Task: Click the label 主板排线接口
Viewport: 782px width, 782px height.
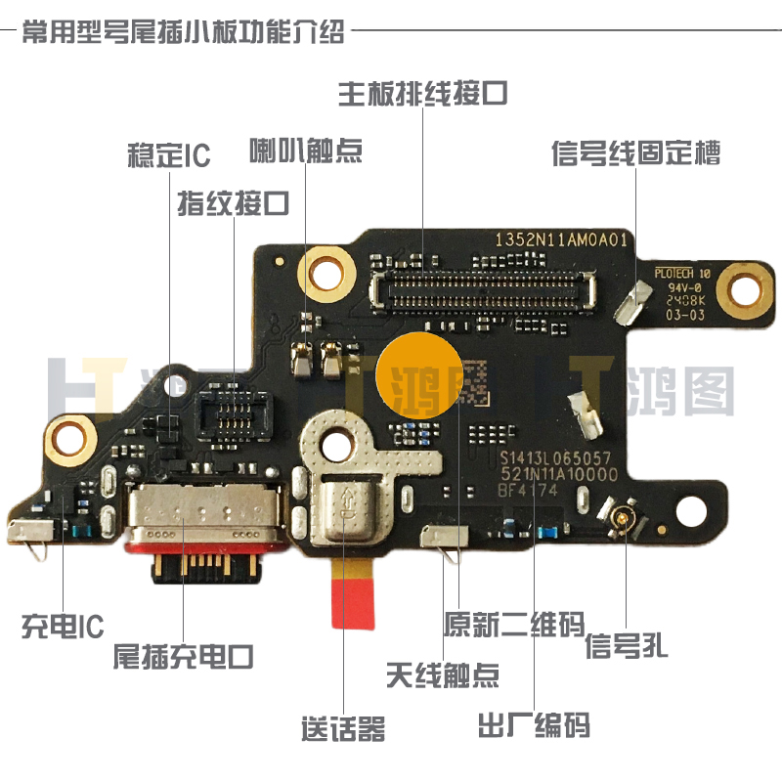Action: point(422,93)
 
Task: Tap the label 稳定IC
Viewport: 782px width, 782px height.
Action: point(168,155)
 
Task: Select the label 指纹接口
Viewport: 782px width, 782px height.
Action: point(234,203)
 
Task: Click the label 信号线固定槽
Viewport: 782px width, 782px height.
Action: point(636,153)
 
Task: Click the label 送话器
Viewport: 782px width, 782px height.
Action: point(343,728)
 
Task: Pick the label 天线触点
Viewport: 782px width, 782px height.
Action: point(443,675)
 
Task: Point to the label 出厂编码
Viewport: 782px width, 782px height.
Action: point(534,726)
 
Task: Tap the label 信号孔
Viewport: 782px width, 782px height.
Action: point(627,646)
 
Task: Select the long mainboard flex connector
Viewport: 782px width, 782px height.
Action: point(485,289)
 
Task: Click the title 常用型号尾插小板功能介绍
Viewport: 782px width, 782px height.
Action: point(183,31)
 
